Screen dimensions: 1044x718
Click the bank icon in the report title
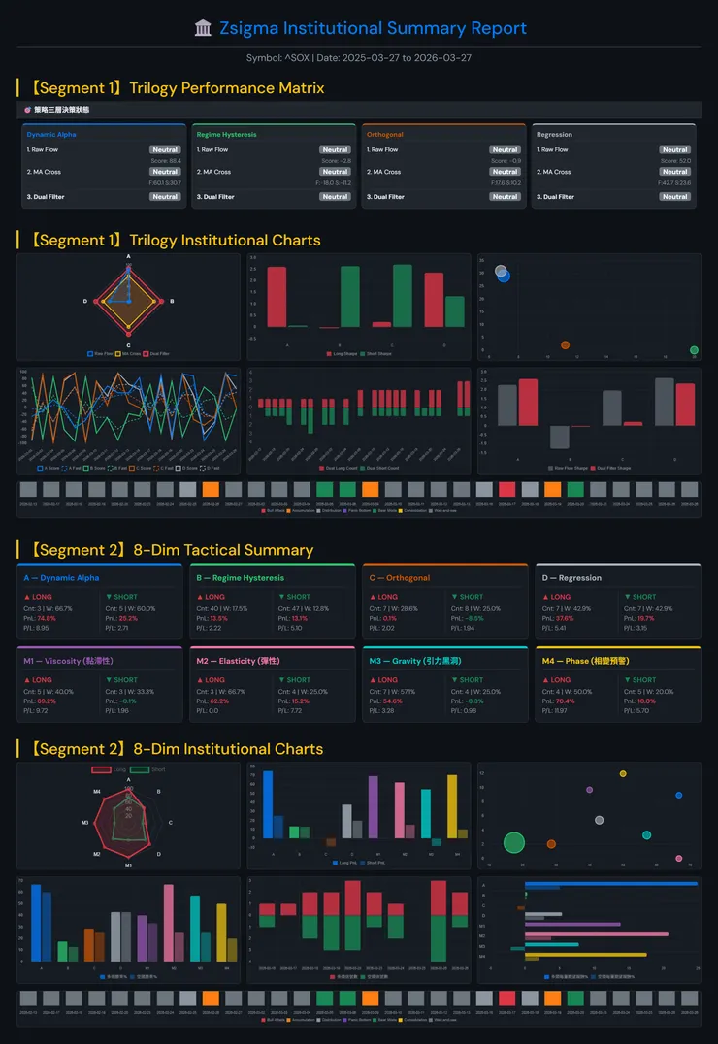click(203, 29)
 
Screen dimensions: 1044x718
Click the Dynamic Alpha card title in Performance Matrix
click(51, 135)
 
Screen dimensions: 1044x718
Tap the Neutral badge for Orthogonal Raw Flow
click(505, 150)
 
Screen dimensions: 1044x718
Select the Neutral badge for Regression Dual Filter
click(674, 197)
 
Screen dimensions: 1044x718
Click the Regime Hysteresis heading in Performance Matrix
click(226, 135)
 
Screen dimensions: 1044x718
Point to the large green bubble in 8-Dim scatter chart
click(514, 842)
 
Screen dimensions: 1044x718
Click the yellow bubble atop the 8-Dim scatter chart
click(623, 774)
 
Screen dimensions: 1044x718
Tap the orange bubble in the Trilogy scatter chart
click(565, 344)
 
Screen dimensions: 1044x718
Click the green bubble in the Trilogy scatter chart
click(694, 350)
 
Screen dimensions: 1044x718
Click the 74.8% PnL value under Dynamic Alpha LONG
click(47, 618)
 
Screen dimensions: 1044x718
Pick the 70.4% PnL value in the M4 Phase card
click(565, 701)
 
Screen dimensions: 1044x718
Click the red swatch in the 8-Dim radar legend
click(101, 770)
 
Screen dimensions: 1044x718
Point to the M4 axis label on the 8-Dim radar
click(97, 792)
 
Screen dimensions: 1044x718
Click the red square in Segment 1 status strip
click(507, 489)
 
